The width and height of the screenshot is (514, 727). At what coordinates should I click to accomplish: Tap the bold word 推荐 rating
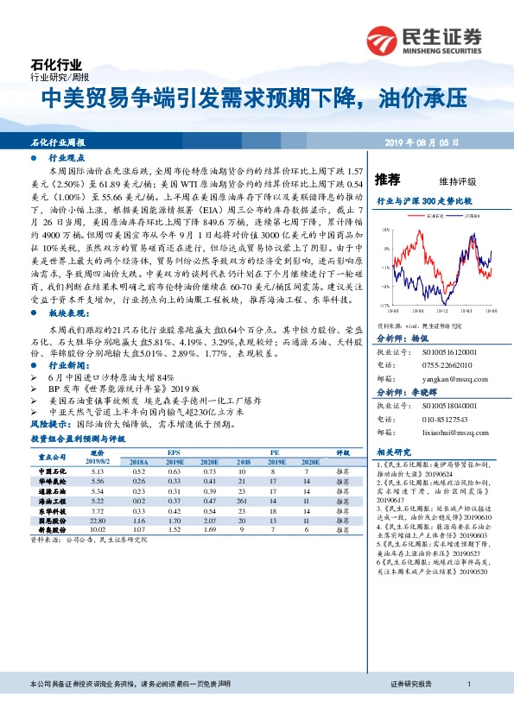(x=388, y=180)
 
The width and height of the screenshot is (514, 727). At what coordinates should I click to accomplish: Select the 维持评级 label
(x=457, y=181)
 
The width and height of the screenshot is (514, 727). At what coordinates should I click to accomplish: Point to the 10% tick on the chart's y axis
(x=386, y=230)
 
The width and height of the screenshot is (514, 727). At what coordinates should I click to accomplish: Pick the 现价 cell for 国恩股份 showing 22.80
(x=97, y=521)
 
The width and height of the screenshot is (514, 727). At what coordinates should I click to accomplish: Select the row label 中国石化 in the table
(x=53, y=471)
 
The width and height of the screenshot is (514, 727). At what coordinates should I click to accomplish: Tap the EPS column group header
(x=174, y=452)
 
